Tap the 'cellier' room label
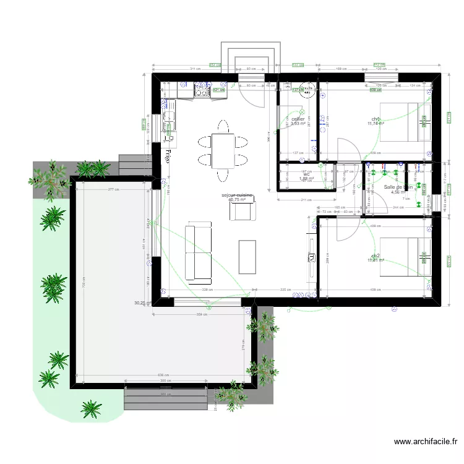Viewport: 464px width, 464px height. [298, 119]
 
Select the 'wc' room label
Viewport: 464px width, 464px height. [306, 174]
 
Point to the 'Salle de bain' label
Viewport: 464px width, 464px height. [398, 186]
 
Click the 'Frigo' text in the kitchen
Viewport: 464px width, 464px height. [167, 155]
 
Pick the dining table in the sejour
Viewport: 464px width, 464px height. [222, 151]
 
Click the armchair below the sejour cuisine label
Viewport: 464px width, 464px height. [242, 211]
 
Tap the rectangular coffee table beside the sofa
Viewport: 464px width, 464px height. [247, 256]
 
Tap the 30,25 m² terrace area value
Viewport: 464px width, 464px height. [142, 303]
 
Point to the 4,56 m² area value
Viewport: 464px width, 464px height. [397, 192]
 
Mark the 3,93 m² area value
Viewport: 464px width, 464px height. [298, 124]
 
